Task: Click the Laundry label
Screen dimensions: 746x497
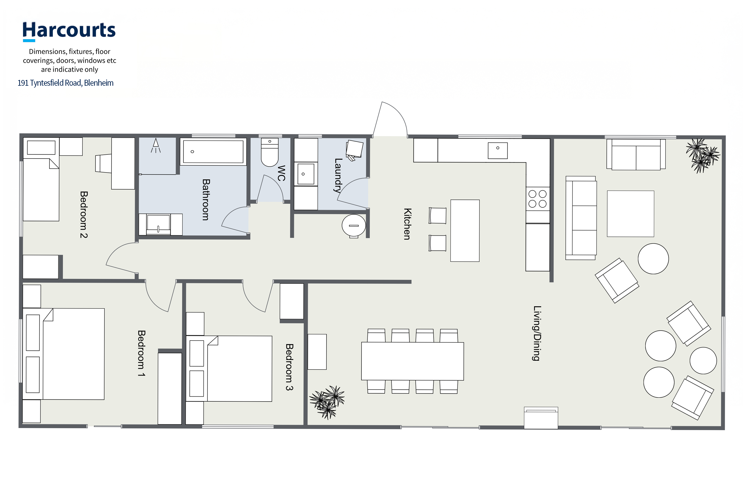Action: point(338,176)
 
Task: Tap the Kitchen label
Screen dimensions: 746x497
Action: point(408,224)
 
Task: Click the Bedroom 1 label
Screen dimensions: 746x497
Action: point(142,353)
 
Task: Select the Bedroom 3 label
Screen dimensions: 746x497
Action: point(289,367)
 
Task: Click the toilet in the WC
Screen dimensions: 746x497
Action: point(270,152)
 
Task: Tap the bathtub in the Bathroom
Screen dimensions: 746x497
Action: point(213,152)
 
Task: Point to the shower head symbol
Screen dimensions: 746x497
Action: point(156,146)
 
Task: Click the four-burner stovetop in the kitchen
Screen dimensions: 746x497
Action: point(538,199)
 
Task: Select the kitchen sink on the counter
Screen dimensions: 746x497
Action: point(498,151)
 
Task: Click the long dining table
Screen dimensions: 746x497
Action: point(413,361)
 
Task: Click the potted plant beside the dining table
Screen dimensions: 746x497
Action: point(327,402)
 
